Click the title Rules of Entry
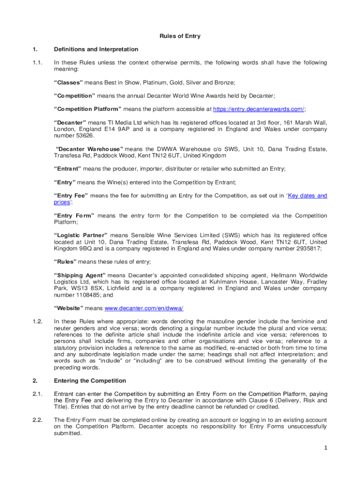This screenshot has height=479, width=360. [x=180, y=36]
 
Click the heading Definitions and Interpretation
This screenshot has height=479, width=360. [x=96, y=49]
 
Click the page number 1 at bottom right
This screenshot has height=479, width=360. [x=325, y=448]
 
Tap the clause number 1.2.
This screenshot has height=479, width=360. [x=38, y=321]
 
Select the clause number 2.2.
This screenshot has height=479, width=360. [x=38, y=420]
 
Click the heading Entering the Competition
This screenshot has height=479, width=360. [x=90, y=381]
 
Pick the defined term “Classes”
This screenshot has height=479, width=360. [x=69, y=82]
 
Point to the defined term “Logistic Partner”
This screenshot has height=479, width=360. [x=81, y=235]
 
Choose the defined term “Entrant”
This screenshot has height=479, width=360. [x=68, y=168]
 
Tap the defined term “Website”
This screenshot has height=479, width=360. [x=69, y=308]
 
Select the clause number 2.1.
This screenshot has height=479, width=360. [x=38, y=394]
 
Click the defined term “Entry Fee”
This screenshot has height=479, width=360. [x=71, y=196]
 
